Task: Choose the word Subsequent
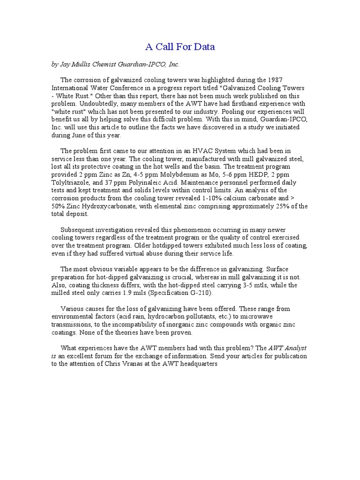[79, 230]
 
